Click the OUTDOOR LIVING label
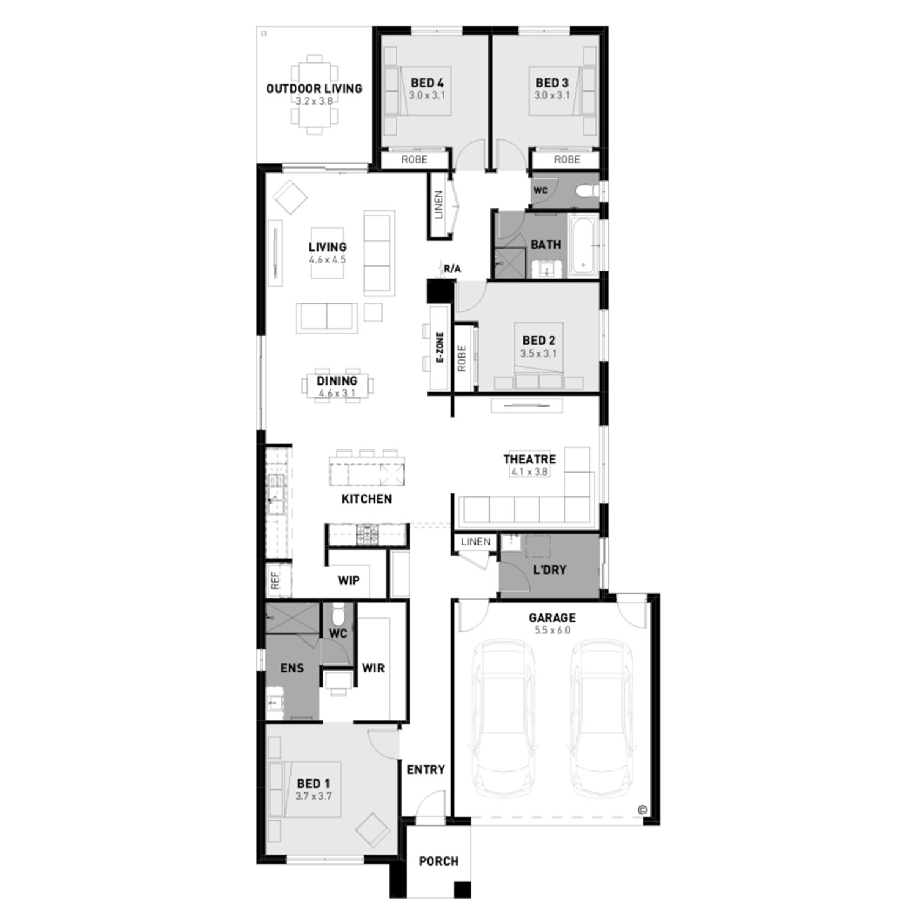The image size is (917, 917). point(314,89)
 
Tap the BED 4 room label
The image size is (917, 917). point(427,83)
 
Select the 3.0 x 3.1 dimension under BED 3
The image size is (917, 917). point(551,95)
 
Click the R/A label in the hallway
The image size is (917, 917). point(452,268)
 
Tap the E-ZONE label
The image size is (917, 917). point(440,348)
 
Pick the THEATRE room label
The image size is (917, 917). point(529,459)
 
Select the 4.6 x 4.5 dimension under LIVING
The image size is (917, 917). point(327,260)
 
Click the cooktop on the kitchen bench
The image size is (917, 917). point(368,535)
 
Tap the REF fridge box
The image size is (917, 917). point(274,581)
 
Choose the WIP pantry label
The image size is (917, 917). point(348,580)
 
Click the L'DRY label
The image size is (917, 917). point(550,570)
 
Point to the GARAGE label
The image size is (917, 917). point(552,617)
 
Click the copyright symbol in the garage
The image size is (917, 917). point(642,810)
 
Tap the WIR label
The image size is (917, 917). point(373,668)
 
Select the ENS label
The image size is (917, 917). point(292,668)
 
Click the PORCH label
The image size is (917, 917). point(438,861)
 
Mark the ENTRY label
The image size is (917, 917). point(425,770)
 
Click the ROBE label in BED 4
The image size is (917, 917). point(414,160)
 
